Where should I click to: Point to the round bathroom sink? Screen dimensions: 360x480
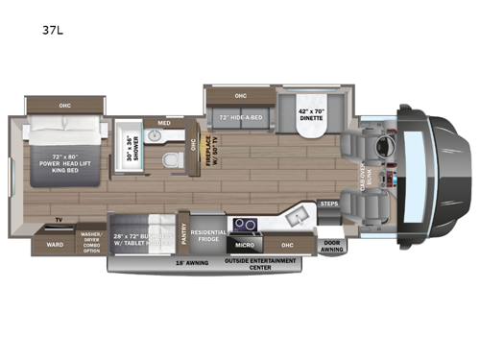pos(154,134)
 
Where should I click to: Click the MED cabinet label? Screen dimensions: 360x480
pos(164,122)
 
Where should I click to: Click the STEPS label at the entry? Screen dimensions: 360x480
pos(329,204)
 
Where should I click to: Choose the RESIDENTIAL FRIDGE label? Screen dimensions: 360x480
pos(208,234)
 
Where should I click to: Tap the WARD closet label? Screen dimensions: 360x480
pos(55,244)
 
